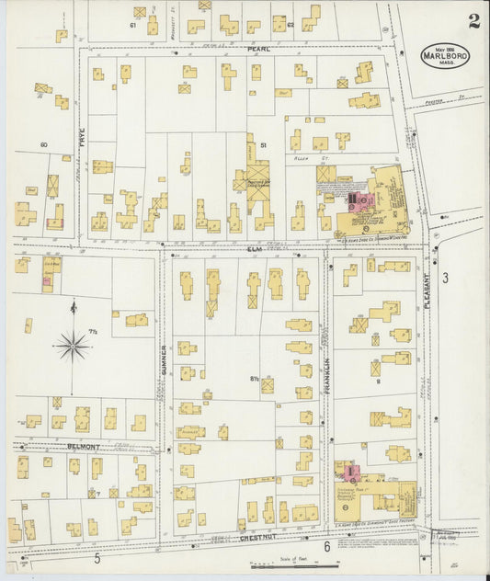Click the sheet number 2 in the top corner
coord(473,21)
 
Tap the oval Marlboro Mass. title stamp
coord(445,56)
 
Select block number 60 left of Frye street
coord(42,145)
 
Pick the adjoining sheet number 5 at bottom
coord(97,557)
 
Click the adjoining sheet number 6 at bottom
coord(326,547)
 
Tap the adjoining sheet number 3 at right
coord(445,277)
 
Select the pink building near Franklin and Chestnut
coord(350,473)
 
